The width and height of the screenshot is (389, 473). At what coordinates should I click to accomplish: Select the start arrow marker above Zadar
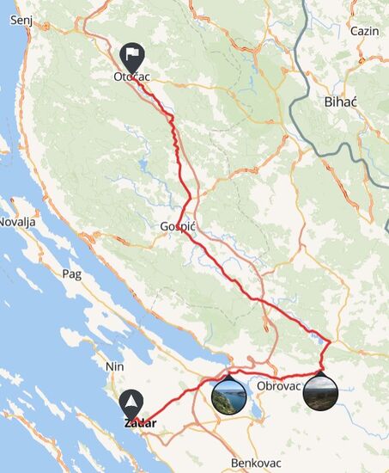click(x=131, y=402)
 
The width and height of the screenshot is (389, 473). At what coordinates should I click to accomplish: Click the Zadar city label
click(x=139, y=423)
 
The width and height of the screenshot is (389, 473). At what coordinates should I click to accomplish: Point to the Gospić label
click(x=179, y=227)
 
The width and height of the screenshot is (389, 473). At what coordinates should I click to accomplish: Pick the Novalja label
click(x=15, y=221)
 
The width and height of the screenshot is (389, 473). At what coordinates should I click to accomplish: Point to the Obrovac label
click(x=278, y=386)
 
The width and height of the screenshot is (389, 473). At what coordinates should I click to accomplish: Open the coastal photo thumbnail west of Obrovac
click(x=228, y=396)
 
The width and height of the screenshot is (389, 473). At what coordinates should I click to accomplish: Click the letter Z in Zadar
click(x=127, y=423)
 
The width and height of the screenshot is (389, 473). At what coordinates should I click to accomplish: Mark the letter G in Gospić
click(x=164, y=227)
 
